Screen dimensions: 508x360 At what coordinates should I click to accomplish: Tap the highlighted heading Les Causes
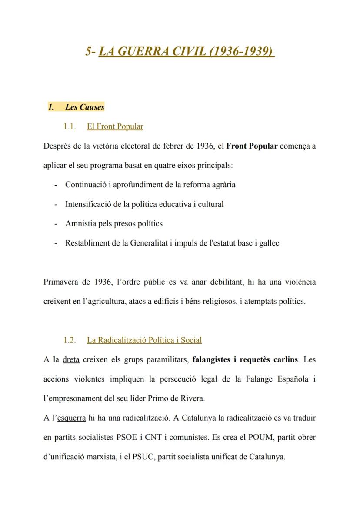(x=85, y=107)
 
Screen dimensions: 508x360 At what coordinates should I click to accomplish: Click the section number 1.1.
(x=69, y=126)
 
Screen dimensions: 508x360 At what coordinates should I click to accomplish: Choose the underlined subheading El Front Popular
(x=115, y=126)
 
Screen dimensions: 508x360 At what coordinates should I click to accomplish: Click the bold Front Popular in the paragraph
(x=252, y=146)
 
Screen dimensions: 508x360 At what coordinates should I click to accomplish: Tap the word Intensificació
(x=89, y=204)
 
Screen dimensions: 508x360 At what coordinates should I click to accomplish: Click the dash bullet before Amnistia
(x=56, y=223)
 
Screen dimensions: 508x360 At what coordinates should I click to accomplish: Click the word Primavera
(x=61, y=282)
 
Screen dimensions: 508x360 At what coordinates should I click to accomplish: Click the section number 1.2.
(x=69, y=340)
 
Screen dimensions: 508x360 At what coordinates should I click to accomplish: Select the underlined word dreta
(x=71, y=359)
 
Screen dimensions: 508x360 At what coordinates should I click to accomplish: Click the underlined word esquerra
(x=72, y=418)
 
